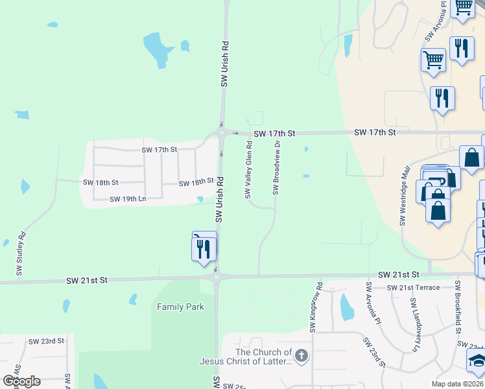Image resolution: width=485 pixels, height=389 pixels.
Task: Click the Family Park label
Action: (180, 307)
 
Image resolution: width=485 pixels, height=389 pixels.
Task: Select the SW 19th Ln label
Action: (128, 199)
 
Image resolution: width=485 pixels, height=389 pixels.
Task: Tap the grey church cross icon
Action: (301, 355)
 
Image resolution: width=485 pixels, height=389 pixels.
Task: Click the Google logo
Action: (21, 381)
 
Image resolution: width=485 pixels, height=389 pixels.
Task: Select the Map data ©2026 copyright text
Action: (458, 384)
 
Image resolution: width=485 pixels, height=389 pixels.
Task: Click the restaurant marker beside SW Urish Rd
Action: (204, 248)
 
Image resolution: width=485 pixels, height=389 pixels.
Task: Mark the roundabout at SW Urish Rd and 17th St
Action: (222, 133)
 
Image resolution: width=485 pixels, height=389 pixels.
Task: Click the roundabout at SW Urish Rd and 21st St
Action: (217, 277)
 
